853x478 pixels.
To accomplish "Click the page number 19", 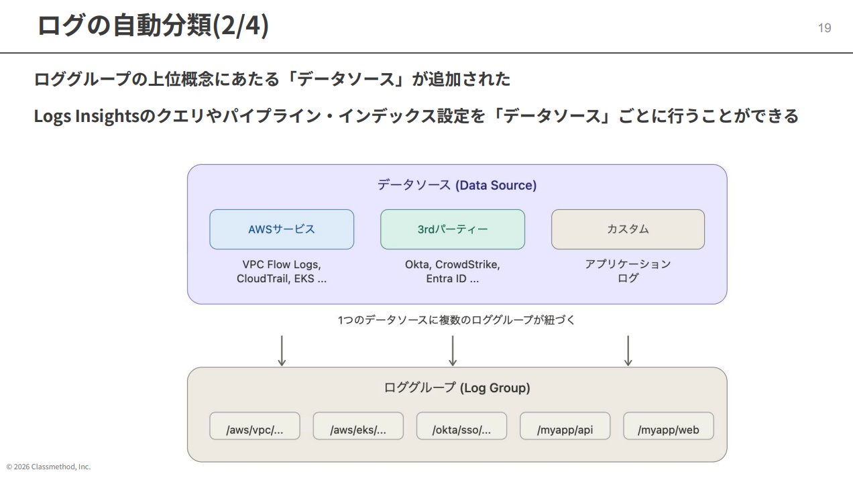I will [824, 28].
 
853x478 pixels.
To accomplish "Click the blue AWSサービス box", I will [282, 229].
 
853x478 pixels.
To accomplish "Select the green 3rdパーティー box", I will [453, 229].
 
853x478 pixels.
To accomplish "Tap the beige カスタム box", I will [628, 229].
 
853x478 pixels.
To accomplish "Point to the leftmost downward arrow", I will [282, 351].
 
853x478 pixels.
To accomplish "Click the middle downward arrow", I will [453, 351].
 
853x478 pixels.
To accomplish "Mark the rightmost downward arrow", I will [628, 351].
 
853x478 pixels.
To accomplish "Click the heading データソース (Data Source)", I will [457, 185].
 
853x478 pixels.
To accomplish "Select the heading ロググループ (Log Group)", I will [457, 387].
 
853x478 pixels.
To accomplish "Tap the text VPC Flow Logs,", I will [282, 264].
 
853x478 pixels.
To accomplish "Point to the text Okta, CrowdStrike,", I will [453, 264].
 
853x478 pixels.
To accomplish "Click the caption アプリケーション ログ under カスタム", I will [628, 271].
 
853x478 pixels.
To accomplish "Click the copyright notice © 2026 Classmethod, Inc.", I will [48, 467].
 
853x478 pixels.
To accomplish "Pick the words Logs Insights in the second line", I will [85, 116].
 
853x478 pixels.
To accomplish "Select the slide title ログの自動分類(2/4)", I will [153, 25].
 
